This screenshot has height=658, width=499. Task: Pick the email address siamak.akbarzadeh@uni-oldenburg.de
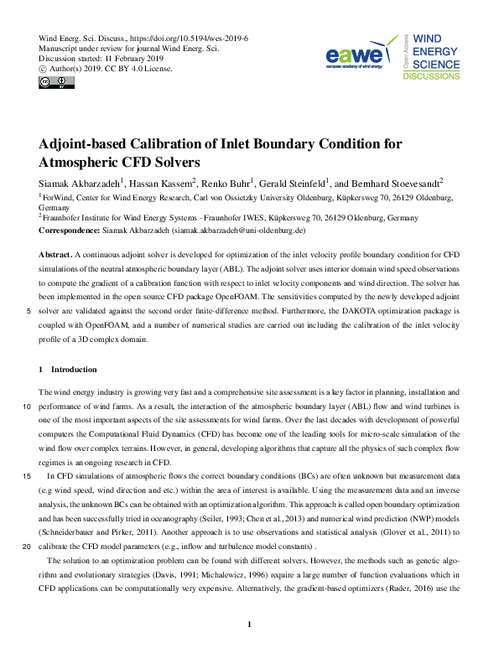pos(238,230)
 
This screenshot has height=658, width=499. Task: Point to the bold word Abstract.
pos(55,253)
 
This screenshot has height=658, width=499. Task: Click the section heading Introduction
pos(74,370)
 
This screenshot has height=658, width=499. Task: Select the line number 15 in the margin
pos(28,475)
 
